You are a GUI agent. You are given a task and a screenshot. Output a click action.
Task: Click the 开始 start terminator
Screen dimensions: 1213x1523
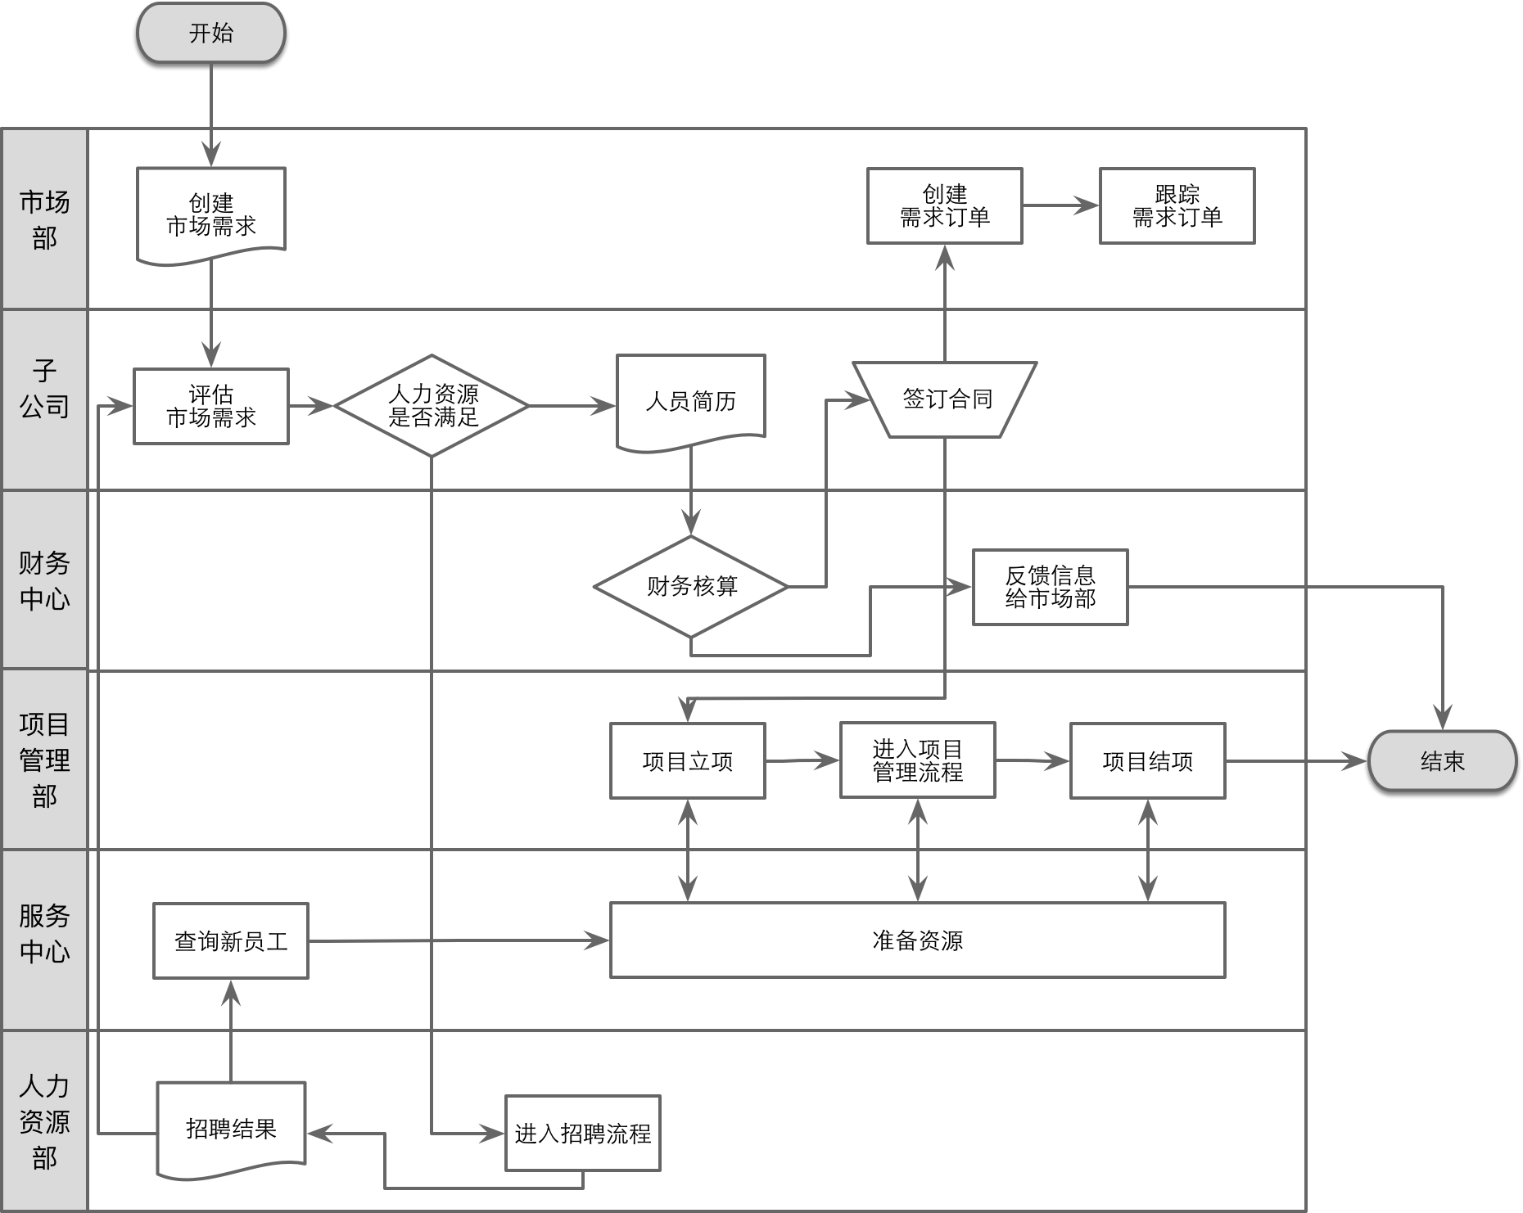coord(210,33)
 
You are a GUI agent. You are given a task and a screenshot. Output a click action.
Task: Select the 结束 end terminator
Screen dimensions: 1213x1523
coord(1442,761)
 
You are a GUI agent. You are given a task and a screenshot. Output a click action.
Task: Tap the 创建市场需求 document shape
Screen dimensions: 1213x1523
coord(210,214)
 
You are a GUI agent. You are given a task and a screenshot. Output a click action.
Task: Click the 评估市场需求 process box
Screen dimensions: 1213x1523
coord(210,406)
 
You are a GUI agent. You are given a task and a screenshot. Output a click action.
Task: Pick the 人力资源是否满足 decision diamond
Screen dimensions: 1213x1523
coord(432,406)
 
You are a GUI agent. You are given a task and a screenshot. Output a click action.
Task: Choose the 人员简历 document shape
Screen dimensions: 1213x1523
coord(690,401)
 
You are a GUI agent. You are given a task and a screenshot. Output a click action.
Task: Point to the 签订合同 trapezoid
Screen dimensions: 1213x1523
coord(945,399)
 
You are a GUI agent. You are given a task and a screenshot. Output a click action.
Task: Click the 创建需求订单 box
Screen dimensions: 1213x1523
coord(944,206)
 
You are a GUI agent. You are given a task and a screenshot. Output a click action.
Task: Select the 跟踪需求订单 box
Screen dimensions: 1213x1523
coord(1177,206)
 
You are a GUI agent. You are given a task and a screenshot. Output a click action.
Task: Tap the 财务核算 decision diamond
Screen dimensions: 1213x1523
coord(691,586)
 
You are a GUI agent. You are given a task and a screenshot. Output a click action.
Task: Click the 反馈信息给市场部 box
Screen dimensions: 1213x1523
coord(1050,587)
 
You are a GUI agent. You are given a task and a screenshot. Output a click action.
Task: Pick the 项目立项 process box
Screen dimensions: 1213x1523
coord(688,761)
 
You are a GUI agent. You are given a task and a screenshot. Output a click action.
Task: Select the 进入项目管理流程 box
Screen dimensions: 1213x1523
coord(917,760)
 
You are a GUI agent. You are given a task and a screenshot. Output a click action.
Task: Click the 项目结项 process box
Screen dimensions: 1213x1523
coord(1147,761)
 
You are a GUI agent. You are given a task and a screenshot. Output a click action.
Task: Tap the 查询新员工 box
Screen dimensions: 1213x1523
coord(231,941)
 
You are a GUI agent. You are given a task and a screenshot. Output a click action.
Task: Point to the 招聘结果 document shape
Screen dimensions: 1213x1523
coord(231,1129)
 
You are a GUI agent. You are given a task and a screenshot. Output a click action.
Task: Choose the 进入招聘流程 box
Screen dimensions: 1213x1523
coord(582,1134)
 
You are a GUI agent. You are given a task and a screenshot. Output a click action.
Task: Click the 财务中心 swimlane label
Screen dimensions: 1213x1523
coord(44,580)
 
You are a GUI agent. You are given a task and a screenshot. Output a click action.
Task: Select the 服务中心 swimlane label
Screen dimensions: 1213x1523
coord(44,933)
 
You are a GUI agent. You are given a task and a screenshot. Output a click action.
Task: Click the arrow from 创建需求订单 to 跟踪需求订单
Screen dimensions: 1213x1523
coord(1060,206)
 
